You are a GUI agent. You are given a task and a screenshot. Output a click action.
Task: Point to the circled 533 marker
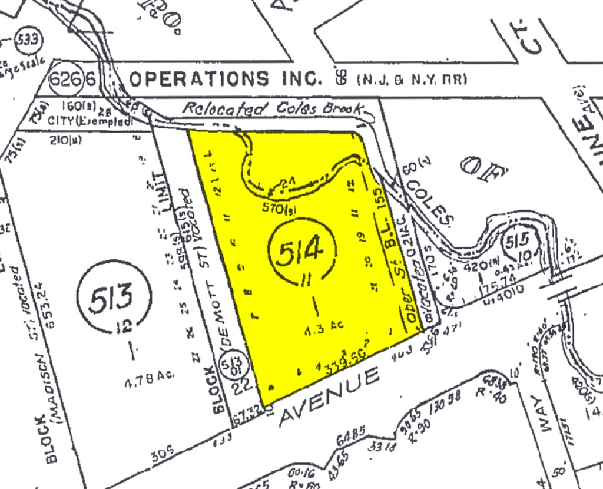coord(27,40)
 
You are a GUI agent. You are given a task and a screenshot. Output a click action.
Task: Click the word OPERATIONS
coord(198,78)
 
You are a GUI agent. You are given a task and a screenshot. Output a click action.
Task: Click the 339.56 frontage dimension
coord(340,360)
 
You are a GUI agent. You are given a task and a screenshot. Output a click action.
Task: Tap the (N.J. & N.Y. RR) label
coord(407,79)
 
